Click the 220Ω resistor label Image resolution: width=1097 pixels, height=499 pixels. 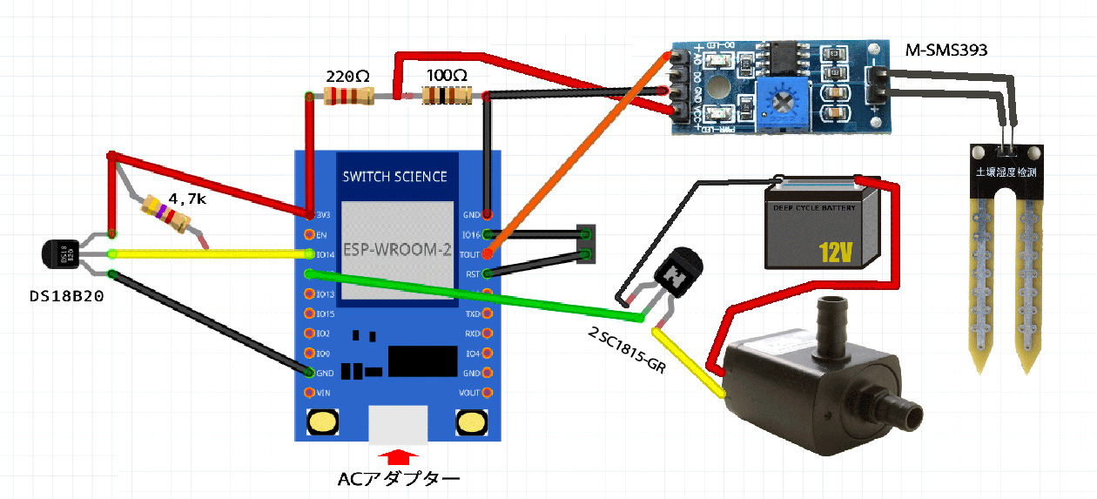click(x=347, y=75)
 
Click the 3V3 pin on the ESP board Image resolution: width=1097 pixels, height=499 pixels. click(x=310, y=214)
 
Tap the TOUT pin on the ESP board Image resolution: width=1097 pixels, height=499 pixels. click(x=487, y=253)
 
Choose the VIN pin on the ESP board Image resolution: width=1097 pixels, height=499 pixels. click(x=309, y=392)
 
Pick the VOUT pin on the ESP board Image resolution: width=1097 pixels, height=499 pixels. click(x=487, y=392)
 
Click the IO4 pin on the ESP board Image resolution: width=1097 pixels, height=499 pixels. click(x=487, y=353)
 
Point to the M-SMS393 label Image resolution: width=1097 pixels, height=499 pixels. click(x=947, y=51)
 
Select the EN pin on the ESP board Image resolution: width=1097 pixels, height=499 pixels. click(x=309, y=234)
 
